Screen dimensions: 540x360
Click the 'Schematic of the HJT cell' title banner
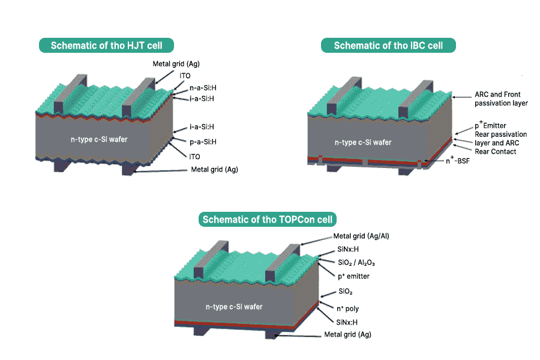tap(106, 46)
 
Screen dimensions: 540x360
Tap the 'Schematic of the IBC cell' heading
tap(388, 46)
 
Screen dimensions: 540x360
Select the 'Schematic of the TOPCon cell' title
tap(267, 220)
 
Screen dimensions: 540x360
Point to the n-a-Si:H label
tap(203, 88)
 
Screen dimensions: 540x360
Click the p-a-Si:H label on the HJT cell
tap(203, 142)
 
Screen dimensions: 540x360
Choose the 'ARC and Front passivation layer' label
tap(501, 99)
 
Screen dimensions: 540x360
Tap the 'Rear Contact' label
tap(495, 152)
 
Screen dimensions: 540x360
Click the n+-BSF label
tap(458, 160)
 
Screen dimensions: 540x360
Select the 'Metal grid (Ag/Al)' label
tap(361, 236)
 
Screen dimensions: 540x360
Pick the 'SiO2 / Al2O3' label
tap(356, 263)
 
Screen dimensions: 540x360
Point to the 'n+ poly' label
tap(348, 308)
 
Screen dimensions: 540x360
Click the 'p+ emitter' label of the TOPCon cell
tap(353, 276)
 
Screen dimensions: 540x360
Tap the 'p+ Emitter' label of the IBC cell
tap(490, 125)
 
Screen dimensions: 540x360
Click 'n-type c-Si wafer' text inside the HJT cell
tap(99, 139)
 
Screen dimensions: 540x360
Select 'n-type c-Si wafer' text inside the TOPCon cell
tap(234, 307)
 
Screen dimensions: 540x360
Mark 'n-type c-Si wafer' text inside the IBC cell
tap(363, 142)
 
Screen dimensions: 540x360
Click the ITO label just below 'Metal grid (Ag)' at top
tap(185, 76)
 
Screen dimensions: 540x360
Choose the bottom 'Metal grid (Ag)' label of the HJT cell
tap(215, 169)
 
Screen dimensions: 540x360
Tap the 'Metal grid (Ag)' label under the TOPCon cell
tap(348, 335)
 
